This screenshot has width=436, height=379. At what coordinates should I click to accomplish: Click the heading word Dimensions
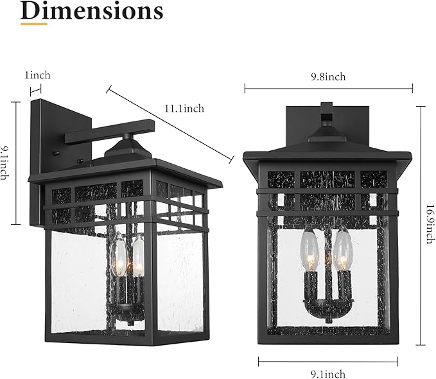[92, 11]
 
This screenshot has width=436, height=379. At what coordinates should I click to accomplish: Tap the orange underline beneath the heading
[33, 24]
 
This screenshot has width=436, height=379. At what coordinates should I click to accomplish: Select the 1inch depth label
[37, 75]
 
